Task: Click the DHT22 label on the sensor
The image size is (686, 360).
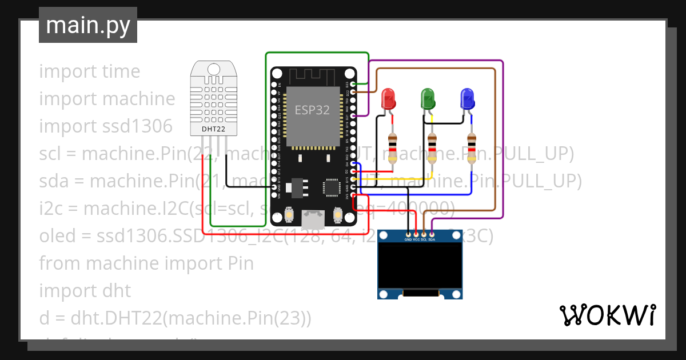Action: [213, 130]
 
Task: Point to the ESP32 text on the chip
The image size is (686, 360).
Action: [312, 110]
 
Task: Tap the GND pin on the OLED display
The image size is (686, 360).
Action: [408, 234]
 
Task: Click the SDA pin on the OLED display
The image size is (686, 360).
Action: [432, 234]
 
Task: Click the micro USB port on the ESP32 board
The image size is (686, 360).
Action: [313, 218]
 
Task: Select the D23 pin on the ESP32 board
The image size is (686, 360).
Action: [354, 84]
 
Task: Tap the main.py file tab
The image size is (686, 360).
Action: [87, 25]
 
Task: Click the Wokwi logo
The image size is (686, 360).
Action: [607, 315]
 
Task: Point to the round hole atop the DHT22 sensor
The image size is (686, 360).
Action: [213, 70]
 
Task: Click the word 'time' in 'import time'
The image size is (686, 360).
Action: [121, 71]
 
